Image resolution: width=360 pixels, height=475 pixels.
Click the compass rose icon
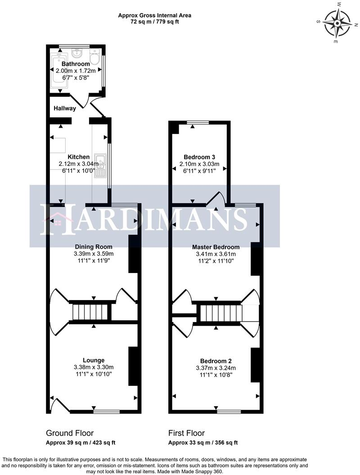(x=337, y=23)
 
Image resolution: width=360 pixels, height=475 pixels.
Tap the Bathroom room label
(x=76, y=64)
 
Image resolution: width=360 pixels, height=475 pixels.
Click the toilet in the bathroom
(x=95, y=58)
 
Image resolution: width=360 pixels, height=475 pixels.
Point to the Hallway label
(x=65, y=108)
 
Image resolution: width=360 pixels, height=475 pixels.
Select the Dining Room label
(x=94, y=247)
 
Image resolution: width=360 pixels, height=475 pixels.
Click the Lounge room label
(x=94, y=360)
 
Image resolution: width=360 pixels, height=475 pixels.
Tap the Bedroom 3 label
(x=199, y=157)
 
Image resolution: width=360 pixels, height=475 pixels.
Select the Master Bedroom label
(x=216, y=247)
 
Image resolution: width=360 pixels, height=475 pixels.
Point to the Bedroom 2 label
(x=216, y=361)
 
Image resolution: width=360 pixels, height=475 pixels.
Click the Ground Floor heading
(x=70, y=433)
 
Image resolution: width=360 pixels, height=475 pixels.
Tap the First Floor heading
(x=186, y=433)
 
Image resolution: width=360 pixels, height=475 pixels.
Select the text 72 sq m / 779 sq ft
(x=154, y=22)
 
